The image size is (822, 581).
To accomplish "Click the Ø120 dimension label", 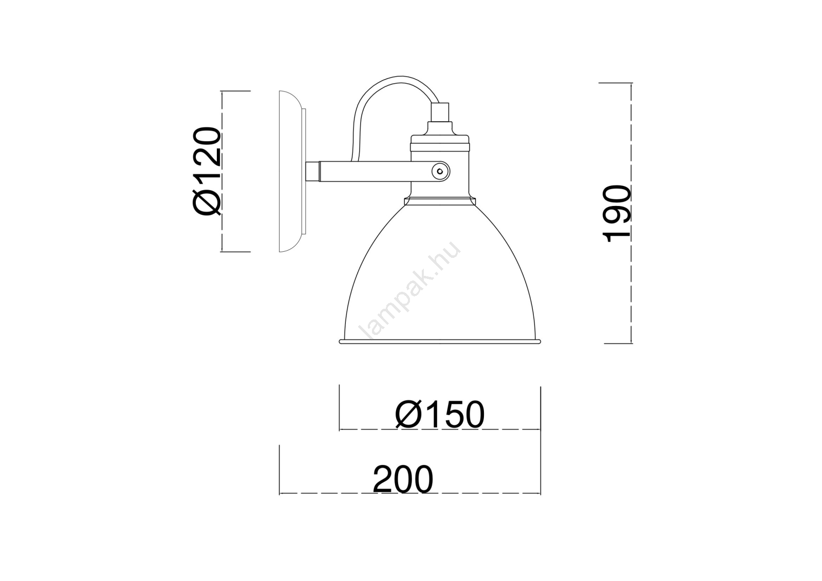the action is (207, 171).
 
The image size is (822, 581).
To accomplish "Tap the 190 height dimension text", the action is (617, 214).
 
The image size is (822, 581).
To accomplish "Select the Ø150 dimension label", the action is (440, 414).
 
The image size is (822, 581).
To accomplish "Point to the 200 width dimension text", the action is (403, 479).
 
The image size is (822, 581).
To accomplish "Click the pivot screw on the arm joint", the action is (440, 171).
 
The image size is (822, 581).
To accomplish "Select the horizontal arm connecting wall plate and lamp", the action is (378, 172).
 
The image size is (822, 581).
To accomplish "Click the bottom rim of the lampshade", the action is (440, 342).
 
